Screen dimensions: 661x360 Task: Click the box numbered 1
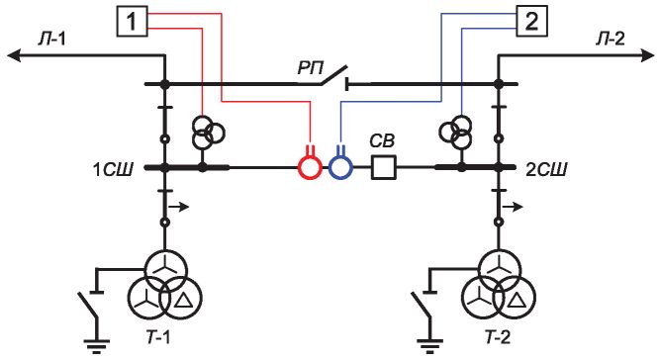pos(132,21)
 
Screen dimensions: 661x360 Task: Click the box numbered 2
pos(531,21)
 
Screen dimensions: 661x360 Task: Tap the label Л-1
pos(51,41)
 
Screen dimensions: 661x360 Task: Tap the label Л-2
pos(610,40)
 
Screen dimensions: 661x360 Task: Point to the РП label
pos(311,68)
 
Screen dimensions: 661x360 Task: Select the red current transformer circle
pos(310,168)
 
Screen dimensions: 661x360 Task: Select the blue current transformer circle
pos(340,168)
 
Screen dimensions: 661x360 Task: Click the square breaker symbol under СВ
pos(383,167)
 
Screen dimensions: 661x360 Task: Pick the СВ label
pos(382,141)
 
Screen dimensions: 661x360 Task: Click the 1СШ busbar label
pos(113,170)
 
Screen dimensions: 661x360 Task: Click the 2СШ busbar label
pos(546,169)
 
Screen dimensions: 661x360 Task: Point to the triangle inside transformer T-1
pos(183,300)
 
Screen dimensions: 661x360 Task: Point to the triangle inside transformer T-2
pos(517,300)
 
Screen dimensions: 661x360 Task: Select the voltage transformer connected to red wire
pos(208,132)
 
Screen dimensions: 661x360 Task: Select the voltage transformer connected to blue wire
pos(455,132)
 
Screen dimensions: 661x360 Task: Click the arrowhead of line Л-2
pos(647,55)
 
